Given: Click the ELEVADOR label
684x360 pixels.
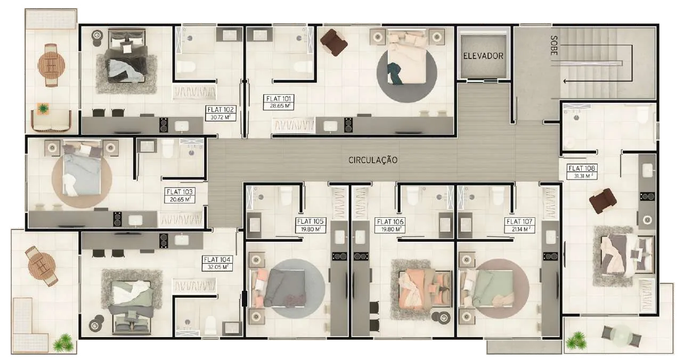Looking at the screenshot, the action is click(483, 56).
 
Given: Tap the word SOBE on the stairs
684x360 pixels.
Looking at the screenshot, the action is click(553, 45).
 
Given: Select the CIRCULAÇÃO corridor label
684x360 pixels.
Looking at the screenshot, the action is click(373, 160).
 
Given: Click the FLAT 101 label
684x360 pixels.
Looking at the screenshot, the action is click(279, 99).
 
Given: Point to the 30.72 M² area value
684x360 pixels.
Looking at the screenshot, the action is click(221, 117).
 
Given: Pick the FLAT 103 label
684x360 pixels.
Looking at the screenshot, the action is click(180, 192).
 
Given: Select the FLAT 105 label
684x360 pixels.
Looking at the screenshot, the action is click(310, 222).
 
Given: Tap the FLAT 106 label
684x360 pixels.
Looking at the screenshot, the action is click(390, 222).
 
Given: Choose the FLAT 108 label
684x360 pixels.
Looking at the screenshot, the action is click(582, 168).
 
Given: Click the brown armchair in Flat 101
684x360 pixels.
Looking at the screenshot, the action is click(334, 42).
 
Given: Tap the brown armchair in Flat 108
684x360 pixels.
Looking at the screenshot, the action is click(603, 201).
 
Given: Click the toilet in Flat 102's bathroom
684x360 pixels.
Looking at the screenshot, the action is click(186, 66).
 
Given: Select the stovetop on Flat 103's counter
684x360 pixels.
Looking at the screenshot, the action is click(118, 219).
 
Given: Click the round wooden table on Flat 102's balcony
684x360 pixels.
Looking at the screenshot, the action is click(51, 65).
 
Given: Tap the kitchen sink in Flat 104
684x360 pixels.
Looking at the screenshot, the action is click(181, 240).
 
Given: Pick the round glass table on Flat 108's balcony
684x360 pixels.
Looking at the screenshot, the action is click(621, 336).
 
